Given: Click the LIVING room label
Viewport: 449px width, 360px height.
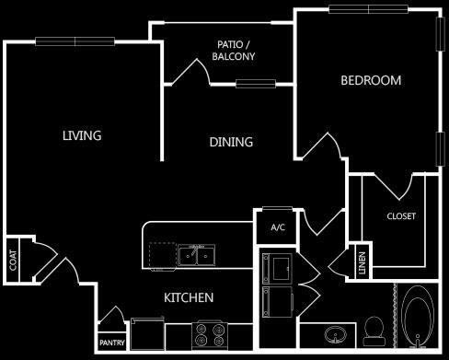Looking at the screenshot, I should pos(82,135).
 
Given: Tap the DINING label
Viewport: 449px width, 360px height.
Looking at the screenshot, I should pos(231,142).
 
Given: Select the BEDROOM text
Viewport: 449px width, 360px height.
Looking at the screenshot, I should pos(371,80).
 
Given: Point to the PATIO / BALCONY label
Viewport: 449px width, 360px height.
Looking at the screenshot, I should pos(233,50).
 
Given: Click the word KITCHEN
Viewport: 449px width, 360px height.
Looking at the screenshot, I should pos(189,297).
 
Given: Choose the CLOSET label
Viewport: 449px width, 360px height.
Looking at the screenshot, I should pos(401,216).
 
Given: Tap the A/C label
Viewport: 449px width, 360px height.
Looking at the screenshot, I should pos(277,226).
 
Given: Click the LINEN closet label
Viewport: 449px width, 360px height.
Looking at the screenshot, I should pos(363,264).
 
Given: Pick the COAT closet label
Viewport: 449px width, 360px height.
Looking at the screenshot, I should pos(13,261).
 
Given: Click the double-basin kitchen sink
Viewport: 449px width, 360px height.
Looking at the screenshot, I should pos(197,253).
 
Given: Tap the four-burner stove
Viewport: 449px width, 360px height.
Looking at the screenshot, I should pos(210,333).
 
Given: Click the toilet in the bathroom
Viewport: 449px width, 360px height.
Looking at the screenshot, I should pos(374,329).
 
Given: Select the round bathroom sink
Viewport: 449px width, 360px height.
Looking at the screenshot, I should pos(332,333).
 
